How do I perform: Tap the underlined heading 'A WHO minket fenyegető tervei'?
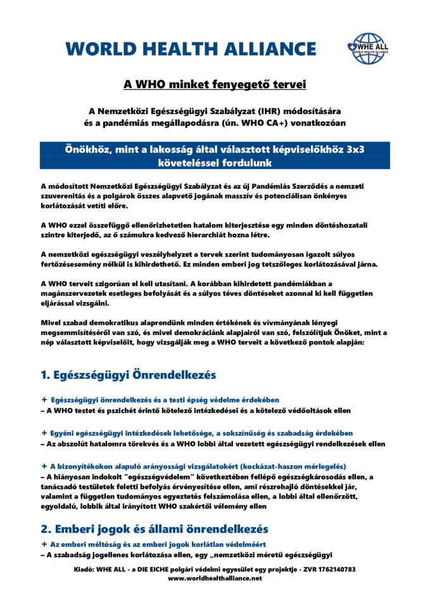tap(215, 84)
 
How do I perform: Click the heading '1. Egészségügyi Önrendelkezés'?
tap(128, 375)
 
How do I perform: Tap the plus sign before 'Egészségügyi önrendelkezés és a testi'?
tap(44, 400)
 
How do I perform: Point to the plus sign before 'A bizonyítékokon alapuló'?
tap(44, 465)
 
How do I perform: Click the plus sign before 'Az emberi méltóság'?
tap(44, 544)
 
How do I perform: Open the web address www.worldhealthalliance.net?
tap(215, 579)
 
